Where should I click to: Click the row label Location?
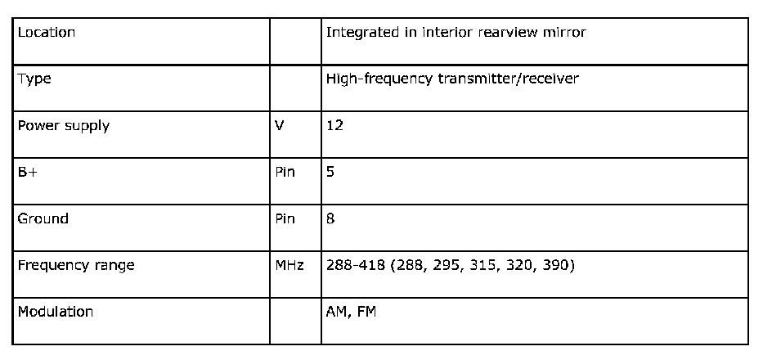pos(47,33)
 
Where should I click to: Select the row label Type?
pos(34,79)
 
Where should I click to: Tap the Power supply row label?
pos(64,126)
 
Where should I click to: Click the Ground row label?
pos(43,218)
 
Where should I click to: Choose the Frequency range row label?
pos(76,265)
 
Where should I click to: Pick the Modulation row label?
pos(56,312)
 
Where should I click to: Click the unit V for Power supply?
pos(279,126)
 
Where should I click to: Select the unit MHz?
pos(289,265)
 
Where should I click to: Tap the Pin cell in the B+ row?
pos(285,173)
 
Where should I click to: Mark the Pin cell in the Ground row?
pos(285,218)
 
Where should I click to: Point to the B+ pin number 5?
pos(330,173)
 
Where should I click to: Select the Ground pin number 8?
pos(330,218)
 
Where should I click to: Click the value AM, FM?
pos(351,312)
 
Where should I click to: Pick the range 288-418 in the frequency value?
pos(352,265)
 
